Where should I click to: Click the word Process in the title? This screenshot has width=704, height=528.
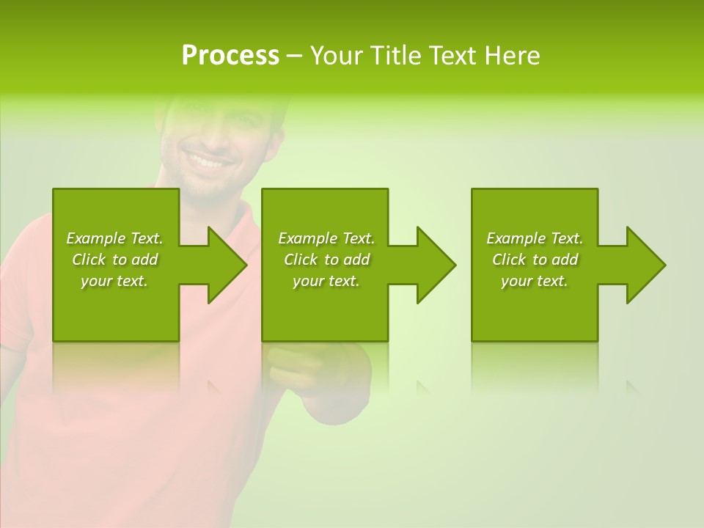(x=230, y=56)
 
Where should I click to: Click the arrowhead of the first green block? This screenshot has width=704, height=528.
(x=227, y=265)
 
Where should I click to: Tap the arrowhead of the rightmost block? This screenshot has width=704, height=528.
(x=645, y=265)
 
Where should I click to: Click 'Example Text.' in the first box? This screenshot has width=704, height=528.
(x=114, y=238)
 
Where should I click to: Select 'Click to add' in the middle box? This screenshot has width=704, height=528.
(x=326, y=260)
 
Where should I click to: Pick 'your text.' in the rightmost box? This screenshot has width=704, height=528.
(x=535, y=281)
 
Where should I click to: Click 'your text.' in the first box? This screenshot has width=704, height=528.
(x=114, y=281)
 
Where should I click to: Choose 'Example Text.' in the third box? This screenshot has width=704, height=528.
(x=535, y=238)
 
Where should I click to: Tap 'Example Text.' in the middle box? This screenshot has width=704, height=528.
(x=326, y=238)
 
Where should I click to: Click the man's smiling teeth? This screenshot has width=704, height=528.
(x=208, y=158)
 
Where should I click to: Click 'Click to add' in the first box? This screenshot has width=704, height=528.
(x=114, y=260)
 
